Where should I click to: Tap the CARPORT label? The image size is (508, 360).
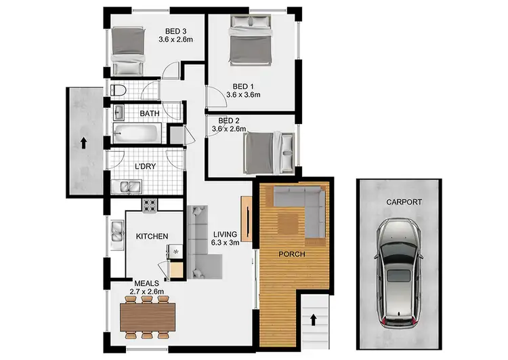tap(404, 201)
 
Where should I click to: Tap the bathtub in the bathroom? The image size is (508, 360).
tap(136, 132)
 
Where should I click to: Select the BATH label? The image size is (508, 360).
tap(150, 113)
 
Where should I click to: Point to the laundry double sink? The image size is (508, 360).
tap(127, 186)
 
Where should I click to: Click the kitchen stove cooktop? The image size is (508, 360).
tap(149, 204)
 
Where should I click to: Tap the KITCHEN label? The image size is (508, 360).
tap(152, 237)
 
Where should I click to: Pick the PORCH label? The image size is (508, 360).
tap(291, 254)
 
